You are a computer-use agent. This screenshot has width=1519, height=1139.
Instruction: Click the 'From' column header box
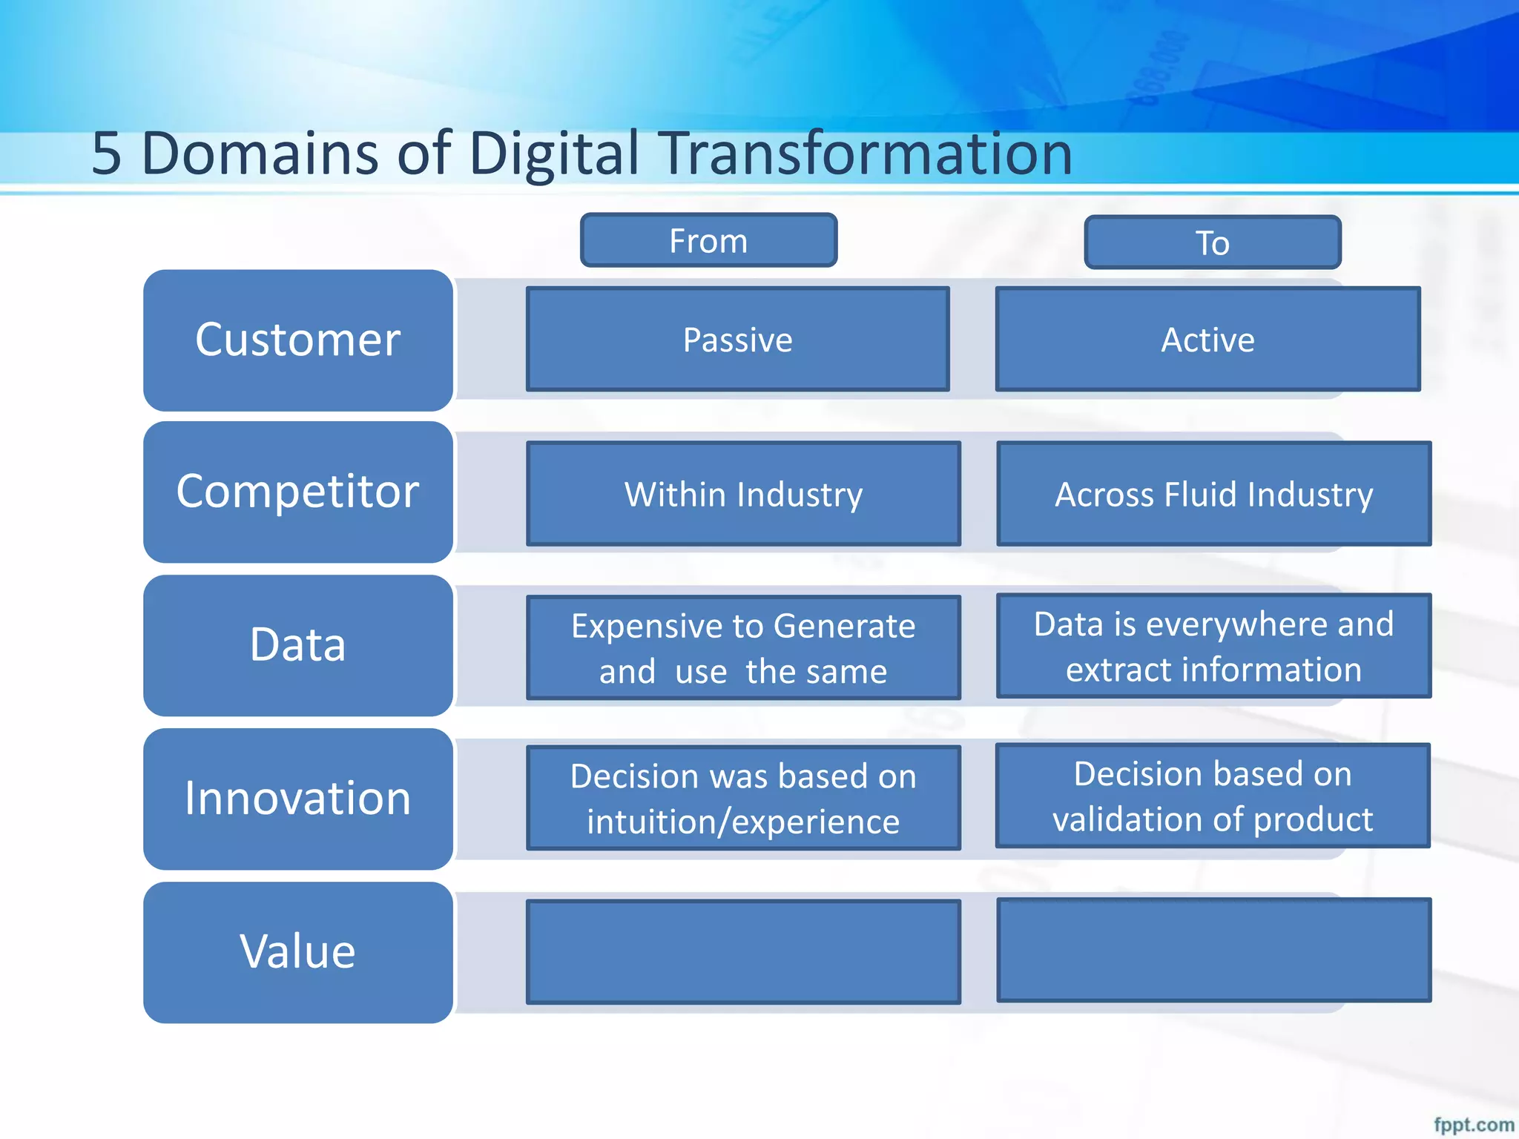point(708,240)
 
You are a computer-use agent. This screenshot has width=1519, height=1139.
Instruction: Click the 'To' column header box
point(1213,242)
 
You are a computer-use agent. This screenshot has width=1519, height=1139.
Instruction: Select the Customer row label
point(297,340)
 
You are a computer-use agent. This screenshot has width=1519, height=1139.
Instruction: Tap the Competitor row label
point(297,492)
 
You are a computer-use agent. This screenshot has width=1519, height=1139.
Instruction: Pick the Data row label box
point(297,644)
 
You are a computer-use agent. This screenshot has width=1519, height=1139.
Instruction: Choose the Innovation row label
point(297,799)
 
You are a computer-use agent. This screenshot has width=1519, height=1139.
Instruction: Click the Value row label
point(297,952)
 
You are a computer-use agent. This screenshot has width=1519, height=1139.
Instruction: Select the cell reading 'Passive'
point(737,339)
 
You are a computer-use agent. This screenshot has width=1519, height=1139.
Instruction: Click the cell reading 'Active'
point(1207,339)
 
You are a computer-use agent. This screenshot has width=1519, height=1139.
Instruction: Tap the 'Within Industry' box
point(743,494)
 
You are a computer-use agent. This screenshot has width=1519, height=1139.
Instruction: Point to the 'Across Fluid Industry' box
point(1213,494)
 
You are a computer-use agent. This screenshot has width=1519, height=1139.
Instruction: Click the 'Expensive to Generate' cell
point(743,647)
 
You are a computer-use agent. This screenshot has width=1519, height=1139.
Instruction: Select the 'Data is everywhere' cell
point(1213,645)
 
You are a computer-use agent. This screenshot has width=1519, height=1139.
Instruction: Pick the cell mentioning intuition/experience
point(743,798)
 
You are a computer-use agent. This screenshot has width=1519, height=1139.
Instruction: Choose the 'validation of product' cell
point(1213,796)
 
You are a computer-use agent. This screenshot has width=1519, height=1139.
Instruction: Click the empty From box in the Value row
point(743,951)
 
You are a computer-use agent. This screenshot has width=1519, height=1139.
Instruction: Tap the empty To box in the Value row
point(1213,950)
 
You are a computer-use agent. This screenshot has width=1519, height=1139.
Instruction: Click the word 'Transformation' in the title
point(866,153)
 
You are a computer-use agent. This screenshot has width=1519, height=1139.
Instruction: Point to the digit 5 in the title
point(106,153)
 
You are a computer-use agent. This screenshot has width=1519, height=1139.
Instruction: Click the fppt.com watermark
point(1473,1124)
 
